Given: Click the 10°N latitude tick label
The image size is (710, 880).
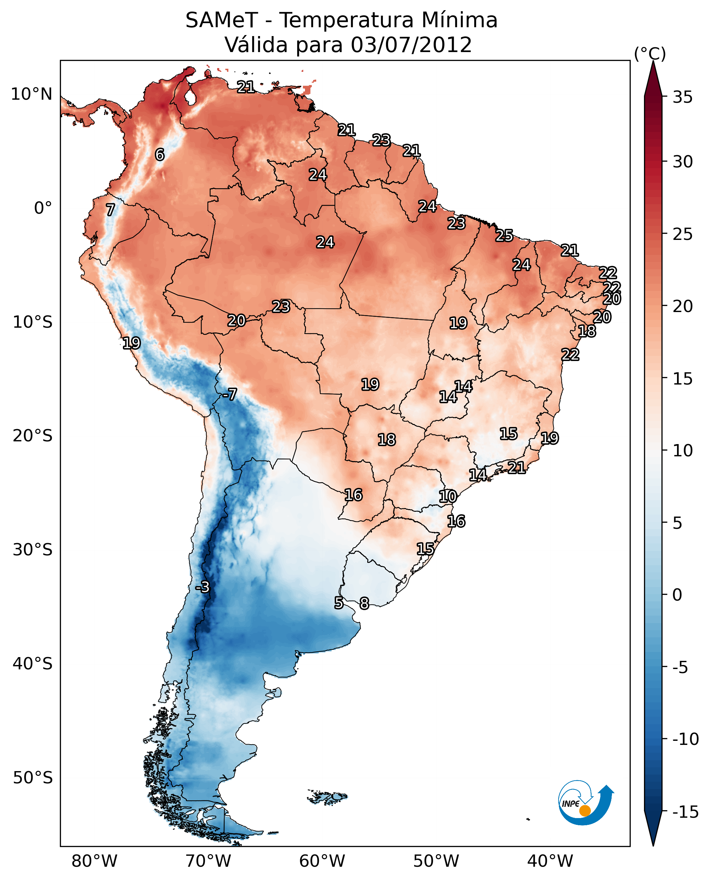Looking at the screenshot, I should pyautogui.click(x=32, y=95).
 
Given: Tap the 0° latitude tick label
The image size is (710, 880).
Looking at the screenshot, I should pyautogui.click(x=43, y=208).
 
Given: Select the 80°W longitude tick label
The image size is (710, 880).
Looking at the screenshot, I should pyautogui.click(x=95, y=861).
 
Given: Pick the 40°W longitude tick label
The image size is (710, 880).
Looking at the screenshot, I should pyautogui.click(x=550, y=861).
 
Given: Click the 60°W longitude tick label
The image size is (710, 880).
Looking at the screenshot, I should pyautogui.click(x=322, y=861).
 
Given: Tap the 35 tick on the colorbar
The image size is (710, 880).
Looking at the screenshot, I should pyautogui.click(x=682, y=97).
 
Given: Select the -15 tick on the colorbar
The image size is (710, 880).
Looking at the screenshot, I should pyautogui.click(x=685, y=812).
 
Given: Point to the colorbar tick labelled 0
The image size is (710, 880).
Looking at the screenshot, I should pyautogui.click(x=677, y=595).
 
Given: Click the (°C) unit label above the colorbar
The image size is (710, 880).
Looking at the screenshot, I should pyautogui.click(x=650, y=53).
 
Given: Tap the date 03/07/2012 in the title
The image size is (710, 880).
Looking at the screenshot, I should pyautogui.click(x=411, y=45).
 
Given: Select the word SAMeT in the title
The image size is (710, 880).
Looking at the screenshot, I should pyautogui.click(x=222, y=20).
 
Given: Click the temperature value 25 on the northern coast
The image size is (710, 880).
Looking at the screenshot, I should pyautogui.click(x=504, y=236).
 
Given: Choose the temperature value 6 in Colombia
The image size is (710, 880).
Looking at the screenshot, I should pyautogui.click(x=160, y=154).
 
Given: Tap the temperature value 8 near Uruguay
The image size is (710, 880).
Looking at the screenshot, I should pyautogui.click(x=364, y=603).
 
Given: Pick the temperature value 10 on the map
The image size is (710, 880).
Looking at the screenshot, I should pyautogui.click(x=448, y=496).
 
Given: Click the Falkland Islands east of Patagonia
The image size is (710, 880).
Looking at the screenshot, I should pyautogui.click(x=327, y=797).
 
